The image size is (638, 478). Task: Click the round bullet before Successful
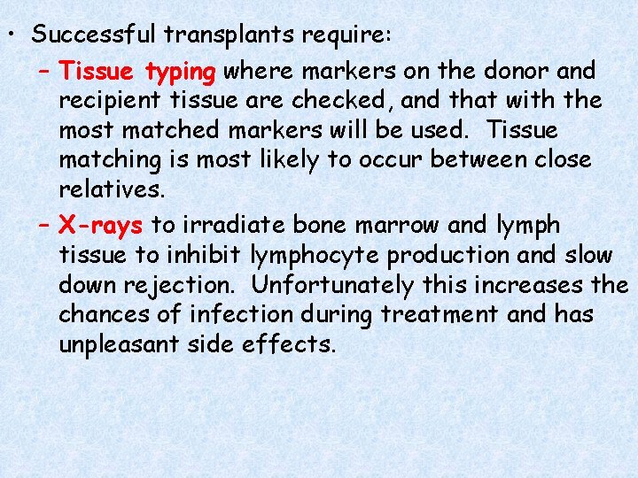pyautogui.click(x=12, y=36)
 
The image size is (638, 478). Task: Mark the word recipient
pyautogui.click(x=112, y=100)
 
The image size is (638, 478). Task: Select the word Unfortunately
pyautogui.click(x=332, y=286)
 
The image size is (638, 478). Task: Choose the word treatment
pyautogui.click(x=446, y=314)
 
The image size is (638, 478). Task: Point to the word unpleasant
pyautogui.click(x=120, y=344)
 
